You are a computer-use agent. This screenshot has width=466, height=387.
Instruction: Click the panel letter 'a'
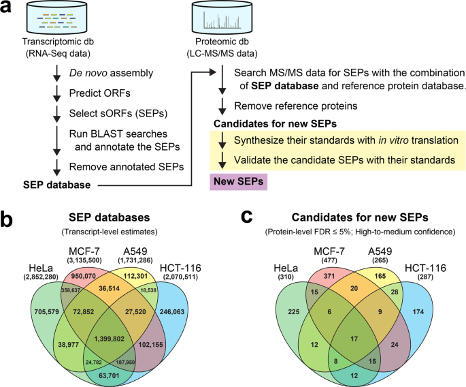[x=8, y=10]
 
